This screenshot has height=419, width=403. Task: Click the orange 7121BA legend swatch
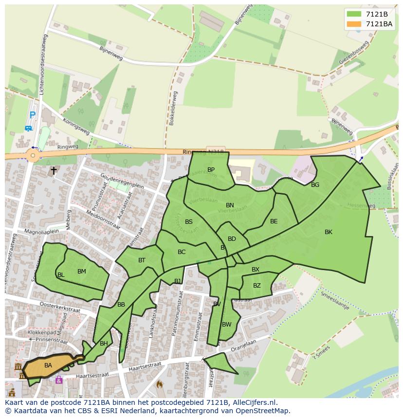(354, 24)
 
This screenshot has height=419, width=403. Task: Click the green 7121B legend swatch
(354, 14)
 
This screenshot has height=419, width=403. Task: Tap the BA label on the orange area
(48, 365)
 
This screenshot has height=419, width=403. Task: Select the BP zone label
(211, 170)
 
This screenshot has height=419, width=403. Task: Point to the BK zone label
(329, 232)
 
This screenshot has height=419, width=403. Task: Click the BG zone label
(315, 184)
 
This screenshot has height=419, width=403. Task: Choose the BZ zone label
(256, 286)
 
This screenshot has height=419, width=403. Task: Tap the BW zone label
(226, 324)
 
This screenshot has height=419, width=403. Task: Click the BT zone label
(142, 260)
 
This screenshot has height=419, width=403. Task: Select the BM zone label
(81, 272)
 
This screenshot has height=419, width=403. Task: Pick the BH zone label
(104, 344)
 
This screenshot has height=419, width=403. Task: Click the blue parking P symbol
(32, 115)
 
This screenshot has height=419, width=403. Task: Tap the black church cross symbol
(54, 170)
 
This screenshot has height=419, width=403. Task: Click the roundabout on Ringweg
(33, 156)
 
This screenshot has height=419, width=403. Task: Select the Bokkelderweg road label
(173, 108)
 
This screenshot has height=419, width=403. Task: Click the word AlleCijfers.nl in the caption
(254, 402)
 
